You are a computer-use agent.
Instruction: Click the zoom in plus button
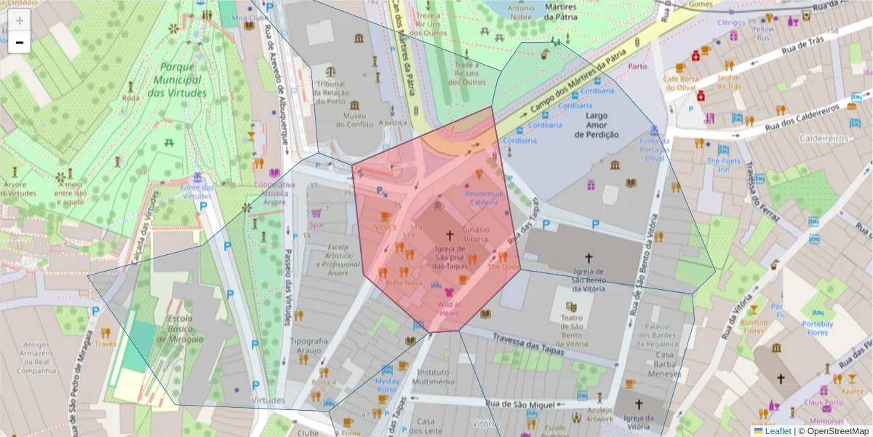20,20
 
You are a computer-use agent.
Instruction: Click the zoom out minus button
20,42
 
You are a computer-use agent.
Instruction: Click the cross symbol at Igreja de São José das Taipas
450,235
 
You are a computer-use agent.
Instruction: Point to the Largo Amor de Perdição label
597,125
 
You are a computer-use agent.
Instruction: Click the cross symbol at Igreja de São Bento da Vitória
589,257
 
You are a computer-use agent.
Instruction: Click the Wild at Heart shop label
449,309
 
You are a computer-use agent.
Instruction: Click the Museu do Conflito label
354,120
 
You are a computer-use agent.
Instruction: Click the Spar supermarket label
316,225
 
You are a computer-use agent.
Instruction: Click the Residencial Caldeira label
485,197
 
